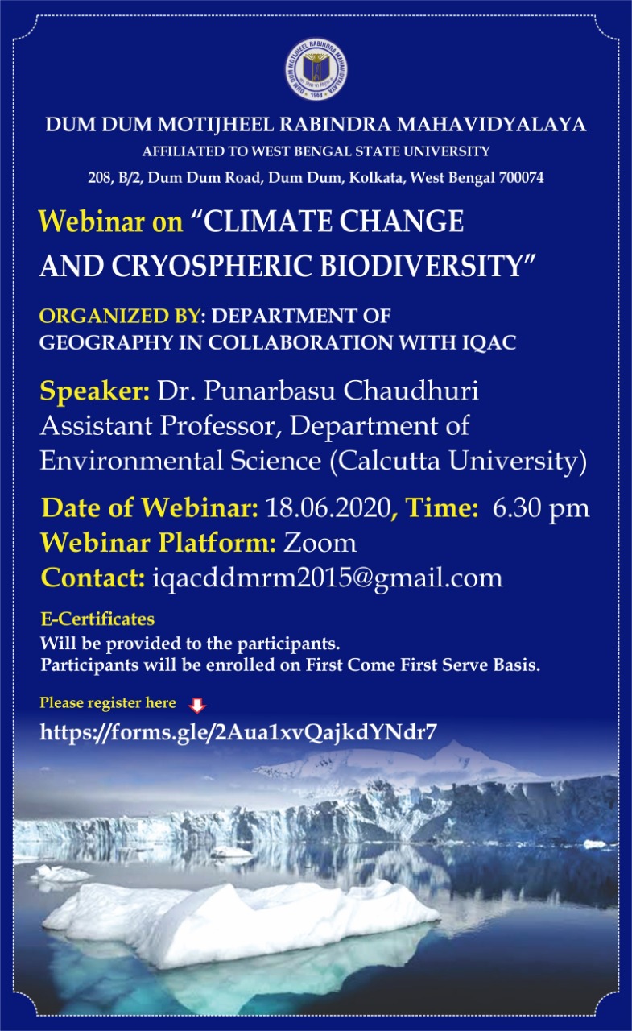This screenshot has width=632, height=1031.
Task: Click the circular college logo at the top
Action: coord(316,70)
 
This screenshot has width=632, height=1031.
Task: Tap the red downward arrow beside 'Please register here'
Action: coord(197,705)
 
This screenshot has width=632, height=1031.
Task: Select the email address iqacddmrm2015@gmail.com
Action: coord(327,578)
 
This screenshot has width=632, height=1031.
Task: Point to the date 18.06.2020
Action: coord(328,507)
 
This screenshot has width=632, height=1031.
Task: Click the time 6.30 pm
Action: coord(540,509)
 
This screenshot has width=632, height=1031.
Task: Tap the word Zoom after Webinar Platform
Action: coord(320,543)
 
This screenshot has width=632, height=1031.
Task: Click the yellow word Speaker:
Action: coord(94,391)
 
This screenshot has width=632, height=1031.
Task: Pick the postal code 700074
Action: coord(521,178)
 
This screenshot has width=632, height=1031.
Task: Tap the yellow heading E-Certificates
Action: coord(97,619)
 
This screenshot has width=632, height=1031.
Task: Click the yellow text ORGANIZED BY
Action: coord(120,317)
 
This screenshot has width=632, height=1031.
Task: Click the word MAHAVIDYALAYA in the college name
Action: coord(492,125)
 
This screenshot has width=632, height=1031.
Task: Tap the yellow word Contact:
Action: coord(93,578)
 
